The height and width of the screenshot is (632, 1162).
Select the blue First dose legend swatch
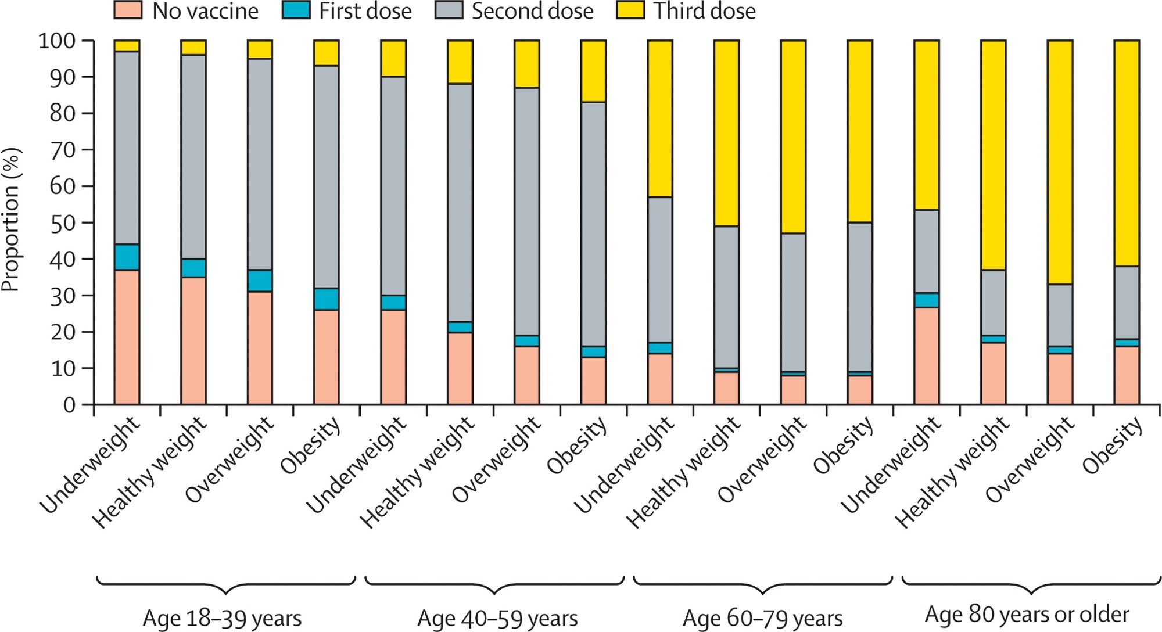coord(296,10)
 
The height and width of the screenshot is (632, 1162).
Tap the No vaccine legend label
coord(205,11)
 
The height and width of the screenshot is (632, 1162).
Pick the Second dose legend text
coord(532,11)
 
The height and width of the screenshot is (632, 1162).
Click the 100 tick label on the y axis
coord(56,41)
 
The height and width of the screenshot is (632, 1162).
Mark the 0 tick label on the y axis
coord(69,405)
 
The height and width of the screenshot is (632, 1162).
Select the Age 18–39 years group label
coord(222,618)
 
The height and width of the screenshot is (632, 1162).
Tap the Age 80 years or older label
coord(1027,614)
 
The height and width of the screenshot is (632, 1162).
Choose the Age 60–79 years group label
coord(762,618)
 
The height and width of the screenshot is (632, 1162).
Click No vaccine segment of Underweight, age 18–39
coord(127,337)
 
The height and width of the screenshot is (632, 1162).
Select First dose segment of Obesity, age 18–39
coord(327,299)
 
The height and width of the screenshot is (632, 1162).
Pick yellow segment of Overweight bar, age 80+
coord(1060,163)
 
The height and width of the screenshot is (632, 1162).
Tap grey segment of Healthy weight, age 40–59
coord(460,203)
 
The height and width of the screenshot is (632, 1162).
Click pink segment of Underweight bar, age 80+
coord(927,355)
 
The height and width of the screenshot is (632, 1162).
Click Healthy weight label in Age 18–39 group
coord(150,472)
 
